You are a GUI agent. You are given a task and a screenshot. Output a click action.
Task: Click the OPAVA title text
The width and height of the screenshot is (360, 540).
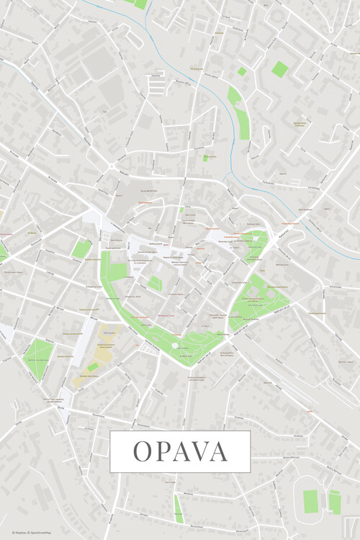coord(180,451)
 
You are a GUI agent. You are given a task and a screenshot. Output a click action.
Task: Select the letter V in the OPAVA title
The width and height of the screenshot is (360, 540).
coord(199,451)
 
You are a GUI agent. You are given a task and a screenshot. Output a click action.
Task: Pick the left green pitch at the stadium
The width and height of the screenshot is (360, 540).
coord(310,501)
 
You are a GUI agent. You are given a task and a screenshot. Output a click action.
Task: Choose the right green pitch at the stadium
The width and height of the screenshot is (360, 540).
coord(335,501)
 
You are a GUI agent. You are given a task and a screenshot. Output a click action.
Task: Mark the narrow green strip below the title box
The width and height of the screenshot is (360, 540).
coord(178,507)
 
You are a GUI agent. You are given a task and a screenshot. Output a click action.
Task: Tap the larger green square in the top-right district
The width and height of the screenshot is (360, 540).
coord(279,69)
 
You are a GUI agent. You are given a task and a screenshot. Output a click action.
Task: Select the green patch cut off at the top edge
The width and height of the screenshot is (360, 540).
coord(139,4)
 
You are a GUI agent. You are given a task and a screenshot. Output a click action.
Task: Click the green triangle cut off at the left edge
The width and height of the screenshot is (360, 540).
coord(2,253)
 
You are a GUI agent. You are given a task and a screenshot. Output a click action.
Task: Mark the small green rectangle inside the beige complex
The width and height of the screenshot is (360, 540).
coord(93,366)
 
